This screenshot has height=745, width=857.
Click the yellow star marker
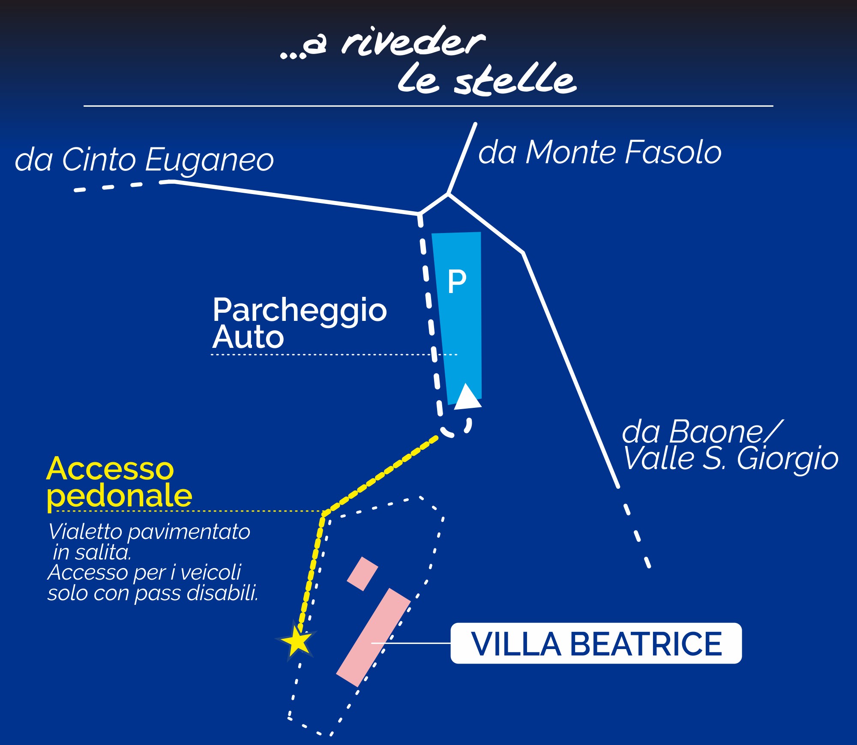click(x=297, y=640)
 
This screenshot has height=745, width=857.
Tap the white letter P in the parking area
click(x=457, y=281)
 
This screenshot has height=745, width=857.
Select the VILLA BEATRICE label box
click(x=596, y=643)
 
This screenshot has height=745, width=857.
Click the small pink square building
click(x=363, y=574)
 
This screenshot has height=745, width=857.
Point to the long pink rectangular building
click(x=373, y=637)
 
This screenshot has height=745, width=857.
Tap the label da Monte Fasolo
click(x=600, y=153)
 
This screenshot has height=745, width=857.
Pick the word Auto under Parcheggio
click(x=248, y=337)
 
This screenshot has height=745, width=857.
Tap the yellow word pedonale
click(x=120, y=497)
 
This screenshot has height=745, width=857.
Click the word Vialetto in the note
click(x=85, y=532)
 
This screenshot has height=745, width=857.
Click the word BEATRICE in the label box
click(x=646, y=644)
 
